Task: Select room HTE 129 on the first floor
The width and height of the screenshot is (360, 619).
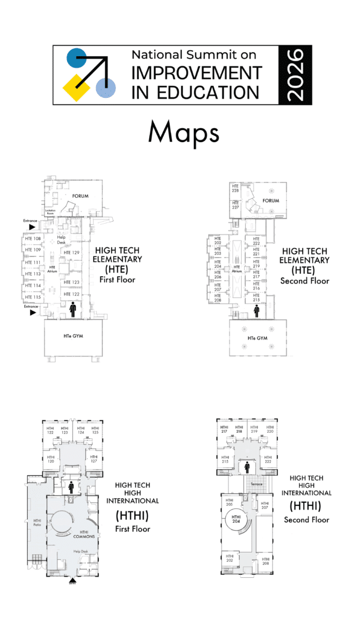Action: tap(72, 253)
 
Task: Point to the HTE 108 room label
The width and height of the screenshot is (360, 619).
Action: tap(33, 239)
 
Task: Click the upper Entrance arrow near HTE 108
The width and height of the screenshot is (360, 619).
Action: tap(32, 227)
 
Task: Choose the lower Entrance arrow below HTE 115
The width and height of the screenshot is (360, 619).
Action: tap(32, 313)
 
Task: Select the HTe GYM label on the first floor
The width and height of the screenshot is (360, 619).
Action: tap(74, 335)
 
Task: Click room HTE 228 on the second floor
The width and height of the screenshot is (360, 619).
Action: tap(236, 189)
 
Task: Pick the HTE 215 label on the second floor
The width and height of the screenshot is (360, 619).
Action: tap(256, 299)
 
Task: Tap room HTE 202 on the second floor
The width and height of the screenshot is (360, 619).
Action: tap(217, 242)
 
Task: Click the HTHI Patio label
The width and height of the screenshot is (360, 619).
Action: tap(37, 523)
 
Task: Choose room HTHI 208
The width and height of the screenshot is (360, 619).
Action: tap(265, 560)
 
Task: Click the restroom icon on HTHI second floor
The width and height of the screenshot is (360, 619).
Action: tap(247, 467)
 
